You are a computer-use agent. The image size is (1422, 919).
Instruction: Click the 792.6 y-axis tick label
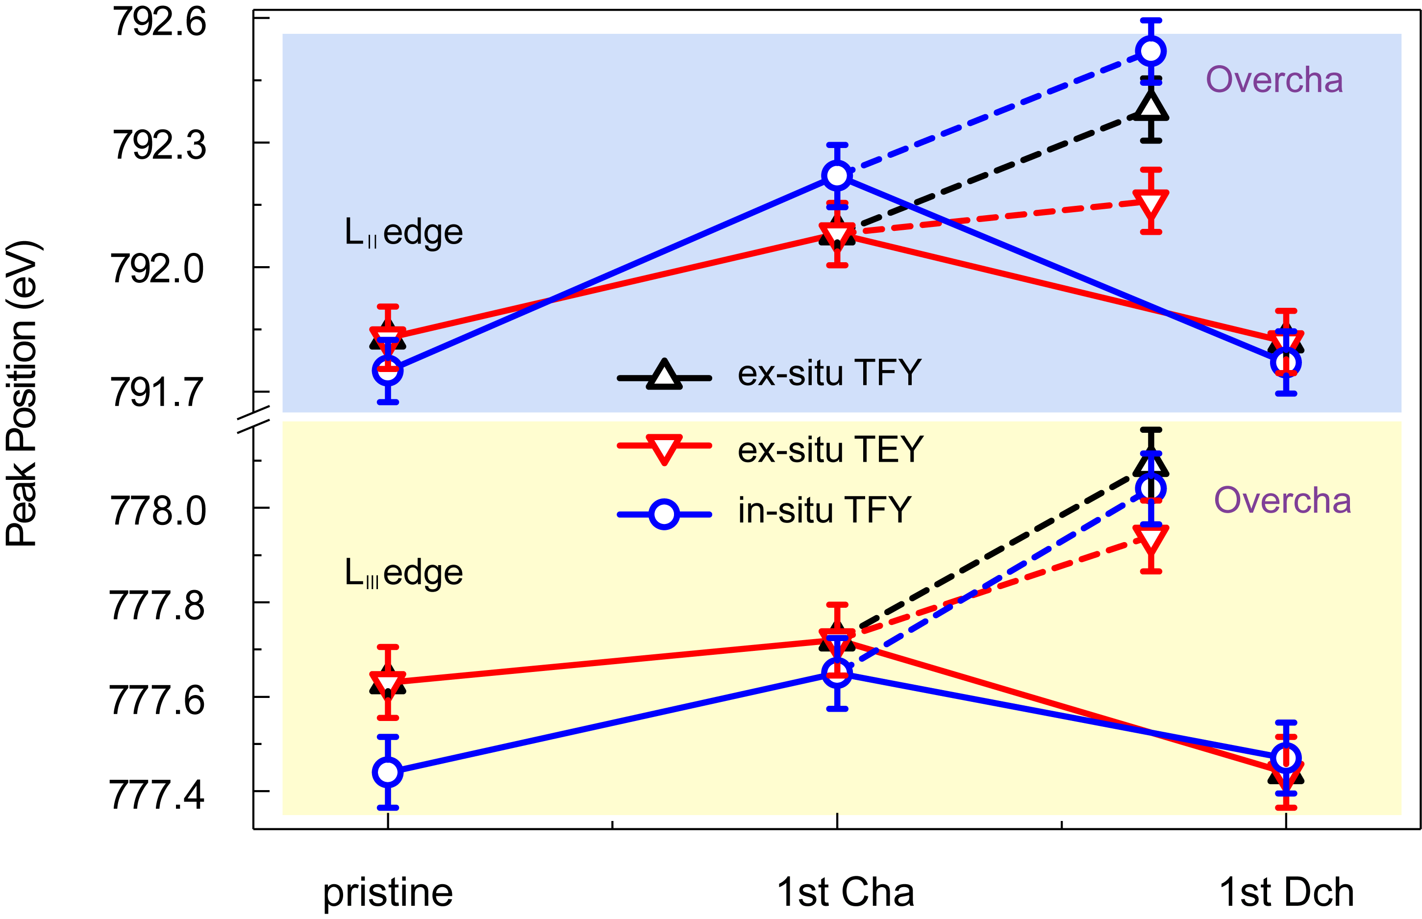click(x=159, y=23)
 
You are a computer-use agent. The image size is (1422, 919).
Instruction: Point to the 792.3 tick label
click(x=159, y=145)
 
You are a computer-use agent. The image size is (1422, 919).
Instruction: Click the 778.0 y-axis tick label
click(x=158, y=511)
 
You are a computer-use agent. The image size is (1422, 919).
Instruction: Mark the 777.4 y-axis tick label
click(x=157, y=795)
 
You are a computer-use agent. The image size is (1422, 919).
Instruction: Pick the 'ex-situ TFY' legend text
click(x=829, y=373)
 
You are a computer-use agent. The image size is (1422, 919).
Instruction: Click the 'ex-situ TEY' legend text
click(x=831, y=449)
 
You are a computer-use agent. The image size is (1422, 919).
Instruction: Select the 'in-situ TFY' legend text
click(x=824, y=510)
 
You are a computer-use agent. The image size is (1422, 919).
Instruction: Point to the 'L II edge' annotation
click(x=404, y=232)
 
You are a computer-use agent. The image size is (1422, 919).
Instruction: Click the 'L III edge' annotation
click(x=404, y=573)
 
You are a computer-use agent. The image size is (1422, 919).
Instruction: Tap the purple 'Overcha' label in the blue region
click(x=1274, y=80)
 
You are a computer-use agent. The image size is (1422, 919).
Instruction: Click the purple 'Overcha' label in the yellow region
click(x=1282, y=501)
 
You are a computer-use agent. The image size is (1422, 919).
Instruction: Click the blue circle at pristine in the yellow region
click(x=388, y=772)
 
